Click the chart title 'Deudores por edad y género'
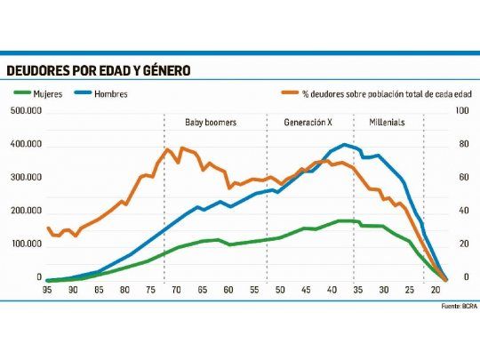pyautogui.click(x=98, y=70)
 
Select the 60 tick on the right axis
pyautogui.click(x=461, y=178)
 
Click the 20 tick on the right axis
pyautogui.click(x=461, y=244)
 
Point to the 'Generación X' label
pyautogui.click(x=310, y=122)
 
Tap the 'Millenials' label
pyautogui.click(x=386, y=122)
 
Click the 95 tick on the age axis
pyautogui.click(x=46, y=290)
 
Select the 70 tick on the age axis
pyautogui.click(x=177, y=290)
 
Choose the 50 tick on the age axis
pyautogui.click(x=280, y=290)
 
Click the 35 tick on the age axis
pyautogui.click(x=357, y=290)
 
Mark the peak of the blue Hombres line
pyautogui.click(x=345, y=145)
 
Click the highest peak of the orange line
pyautogui.click(x=168, y=148)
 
